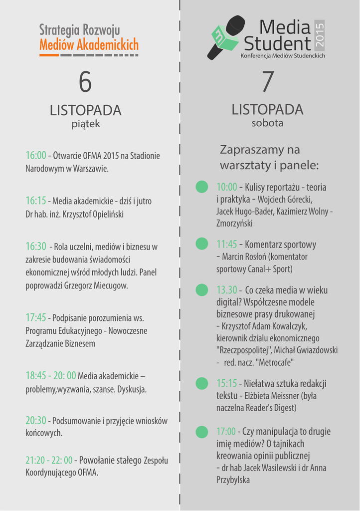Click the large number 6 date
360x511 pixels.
85,83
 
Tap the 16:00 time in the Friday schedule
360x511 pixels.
36,156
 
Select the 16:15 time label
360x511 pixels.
36,201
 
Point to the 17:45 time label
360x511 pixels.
36,317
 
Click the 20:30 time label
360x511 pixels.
36,421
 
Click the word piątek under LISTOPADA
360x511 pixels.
86,123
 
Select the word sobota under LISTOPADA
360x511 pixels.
267,122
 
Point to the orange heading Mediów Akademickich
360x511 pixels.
89,45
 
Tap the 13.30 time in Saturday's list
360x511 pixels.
227,290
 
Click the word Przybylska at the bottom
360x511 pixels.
233,480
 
